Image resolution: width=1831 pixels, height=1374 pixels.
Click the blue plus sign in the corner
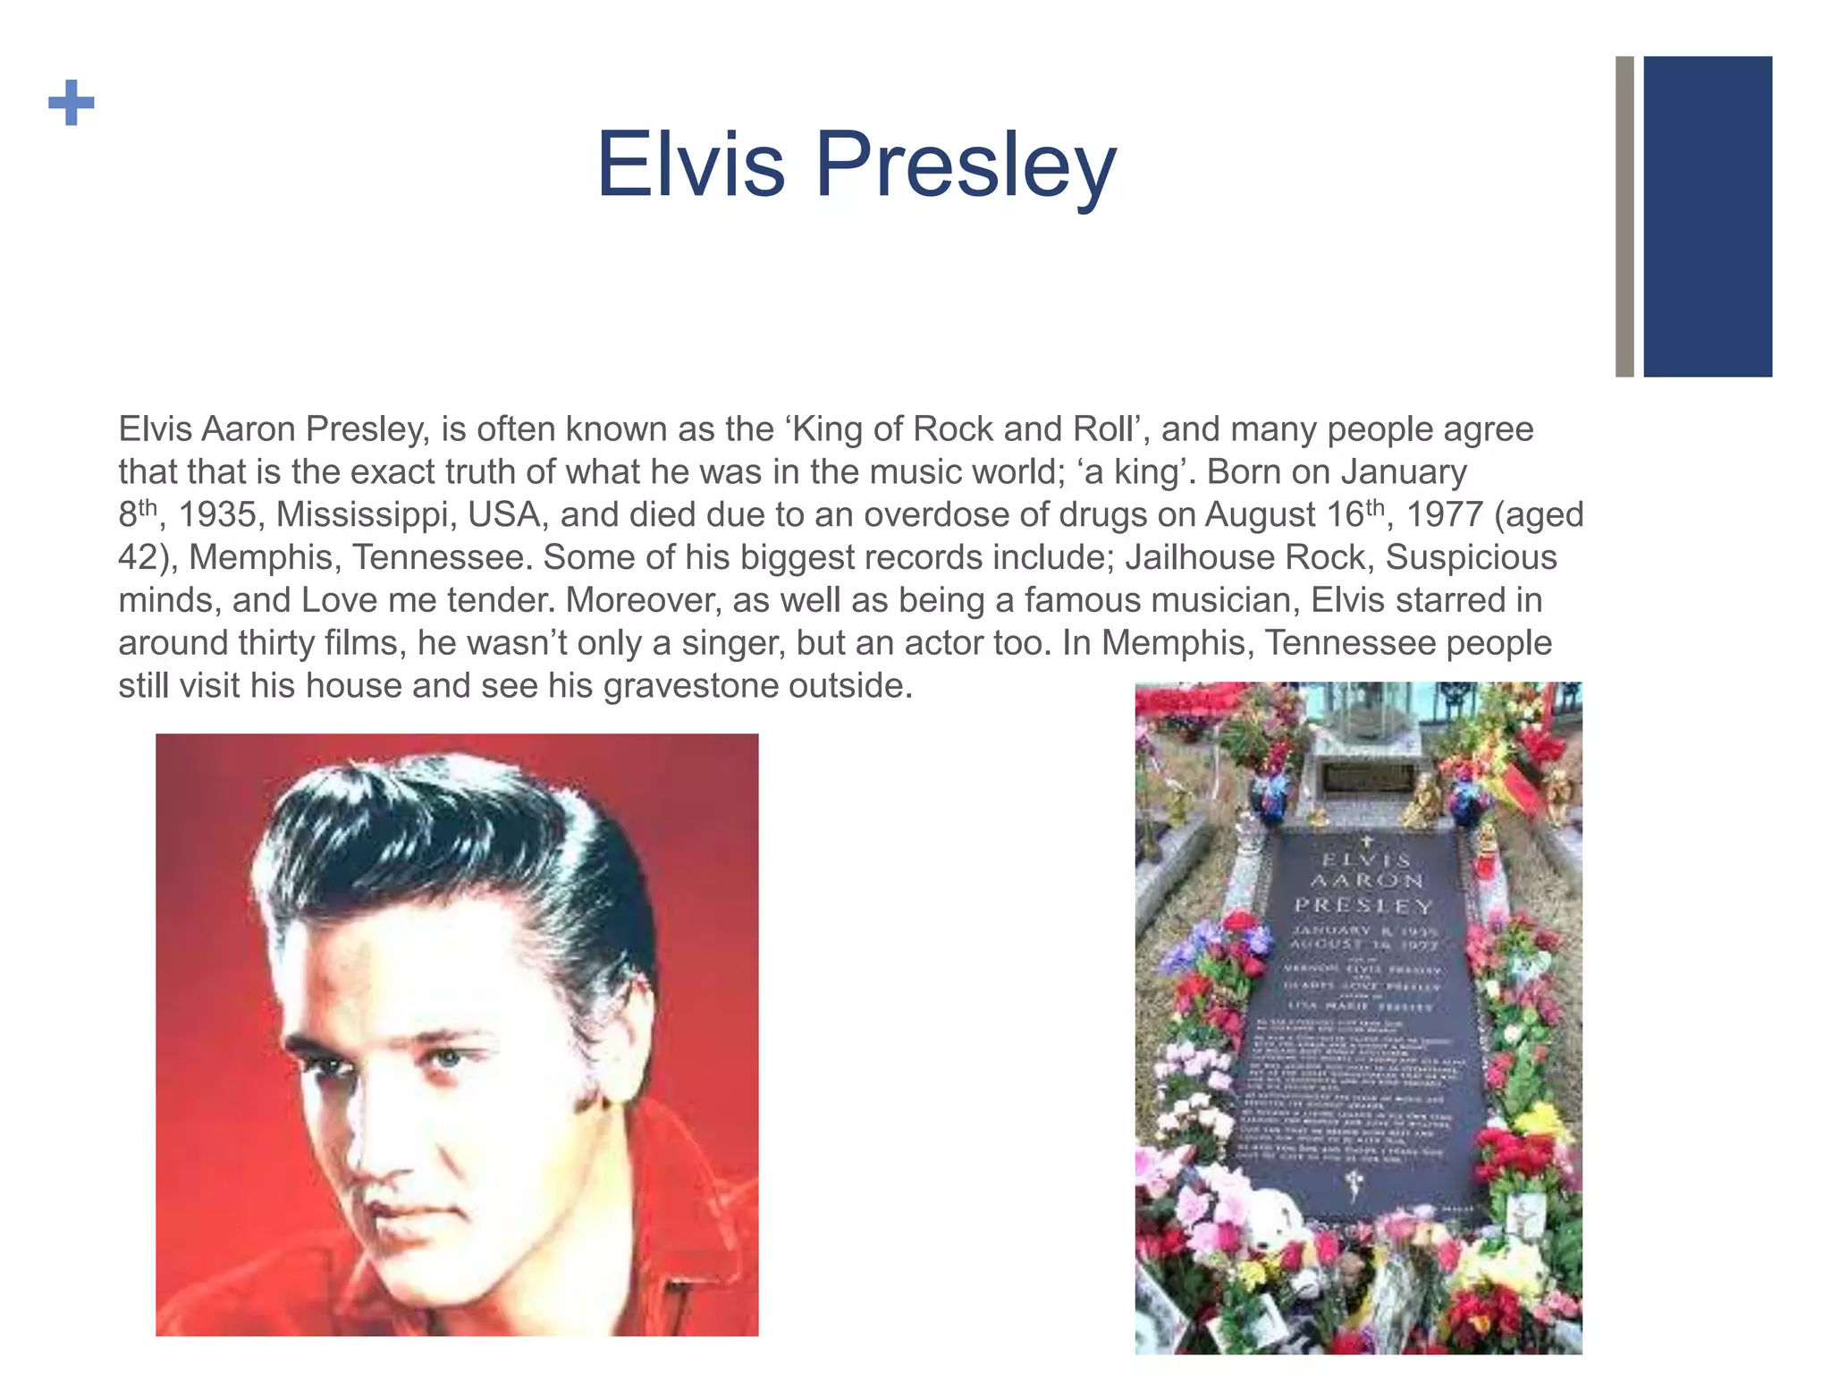click(x=71, y=103)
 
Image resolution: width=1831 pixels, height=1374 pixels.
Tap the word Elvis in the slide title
click(x=690, y=165)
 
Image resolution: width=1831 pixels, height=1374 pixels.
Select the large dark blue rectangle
click(x=1707, y=216)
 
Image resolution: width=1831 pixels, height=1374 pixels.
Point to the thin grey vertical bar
click(x=1624, y=216)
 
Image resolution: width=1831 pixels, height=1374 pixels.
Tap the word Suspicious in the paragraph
click(x=1471, y=557)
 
